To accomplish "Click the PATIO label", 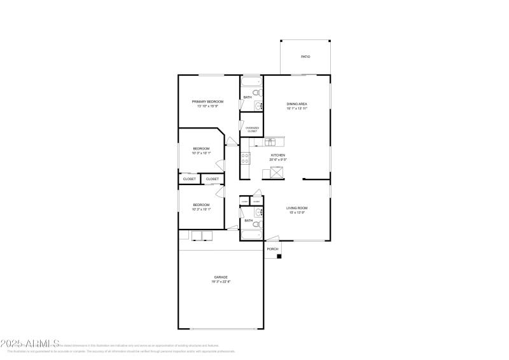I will (x=305, y=57).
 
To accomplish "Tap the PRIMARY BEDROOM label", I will (x=207, y=102).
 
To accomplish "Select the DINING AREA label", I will (x=297, y=104).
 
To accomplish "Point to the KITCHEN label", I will (x=279, y=155).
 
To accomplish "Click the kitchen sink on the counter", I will (x=269, y=142).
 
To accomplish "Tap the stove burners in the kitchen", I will (x=245, y=158).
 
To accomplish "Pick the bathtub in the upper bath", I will (x=251, y=81).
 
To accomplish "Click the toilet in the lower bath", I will (x=256, y=225).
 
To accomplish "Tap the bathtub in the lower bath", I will (x=251, y=236).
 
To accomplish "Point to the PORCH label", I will (x=272, y=249).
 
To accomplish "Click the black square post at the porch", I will (x=279, y=256).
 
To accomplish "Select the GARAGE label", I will (x=221, y=277).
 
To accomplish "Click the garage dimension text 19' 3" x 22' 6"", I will (x=221, y=282).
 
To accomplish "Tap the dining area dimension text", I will (x=297, y=109).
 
